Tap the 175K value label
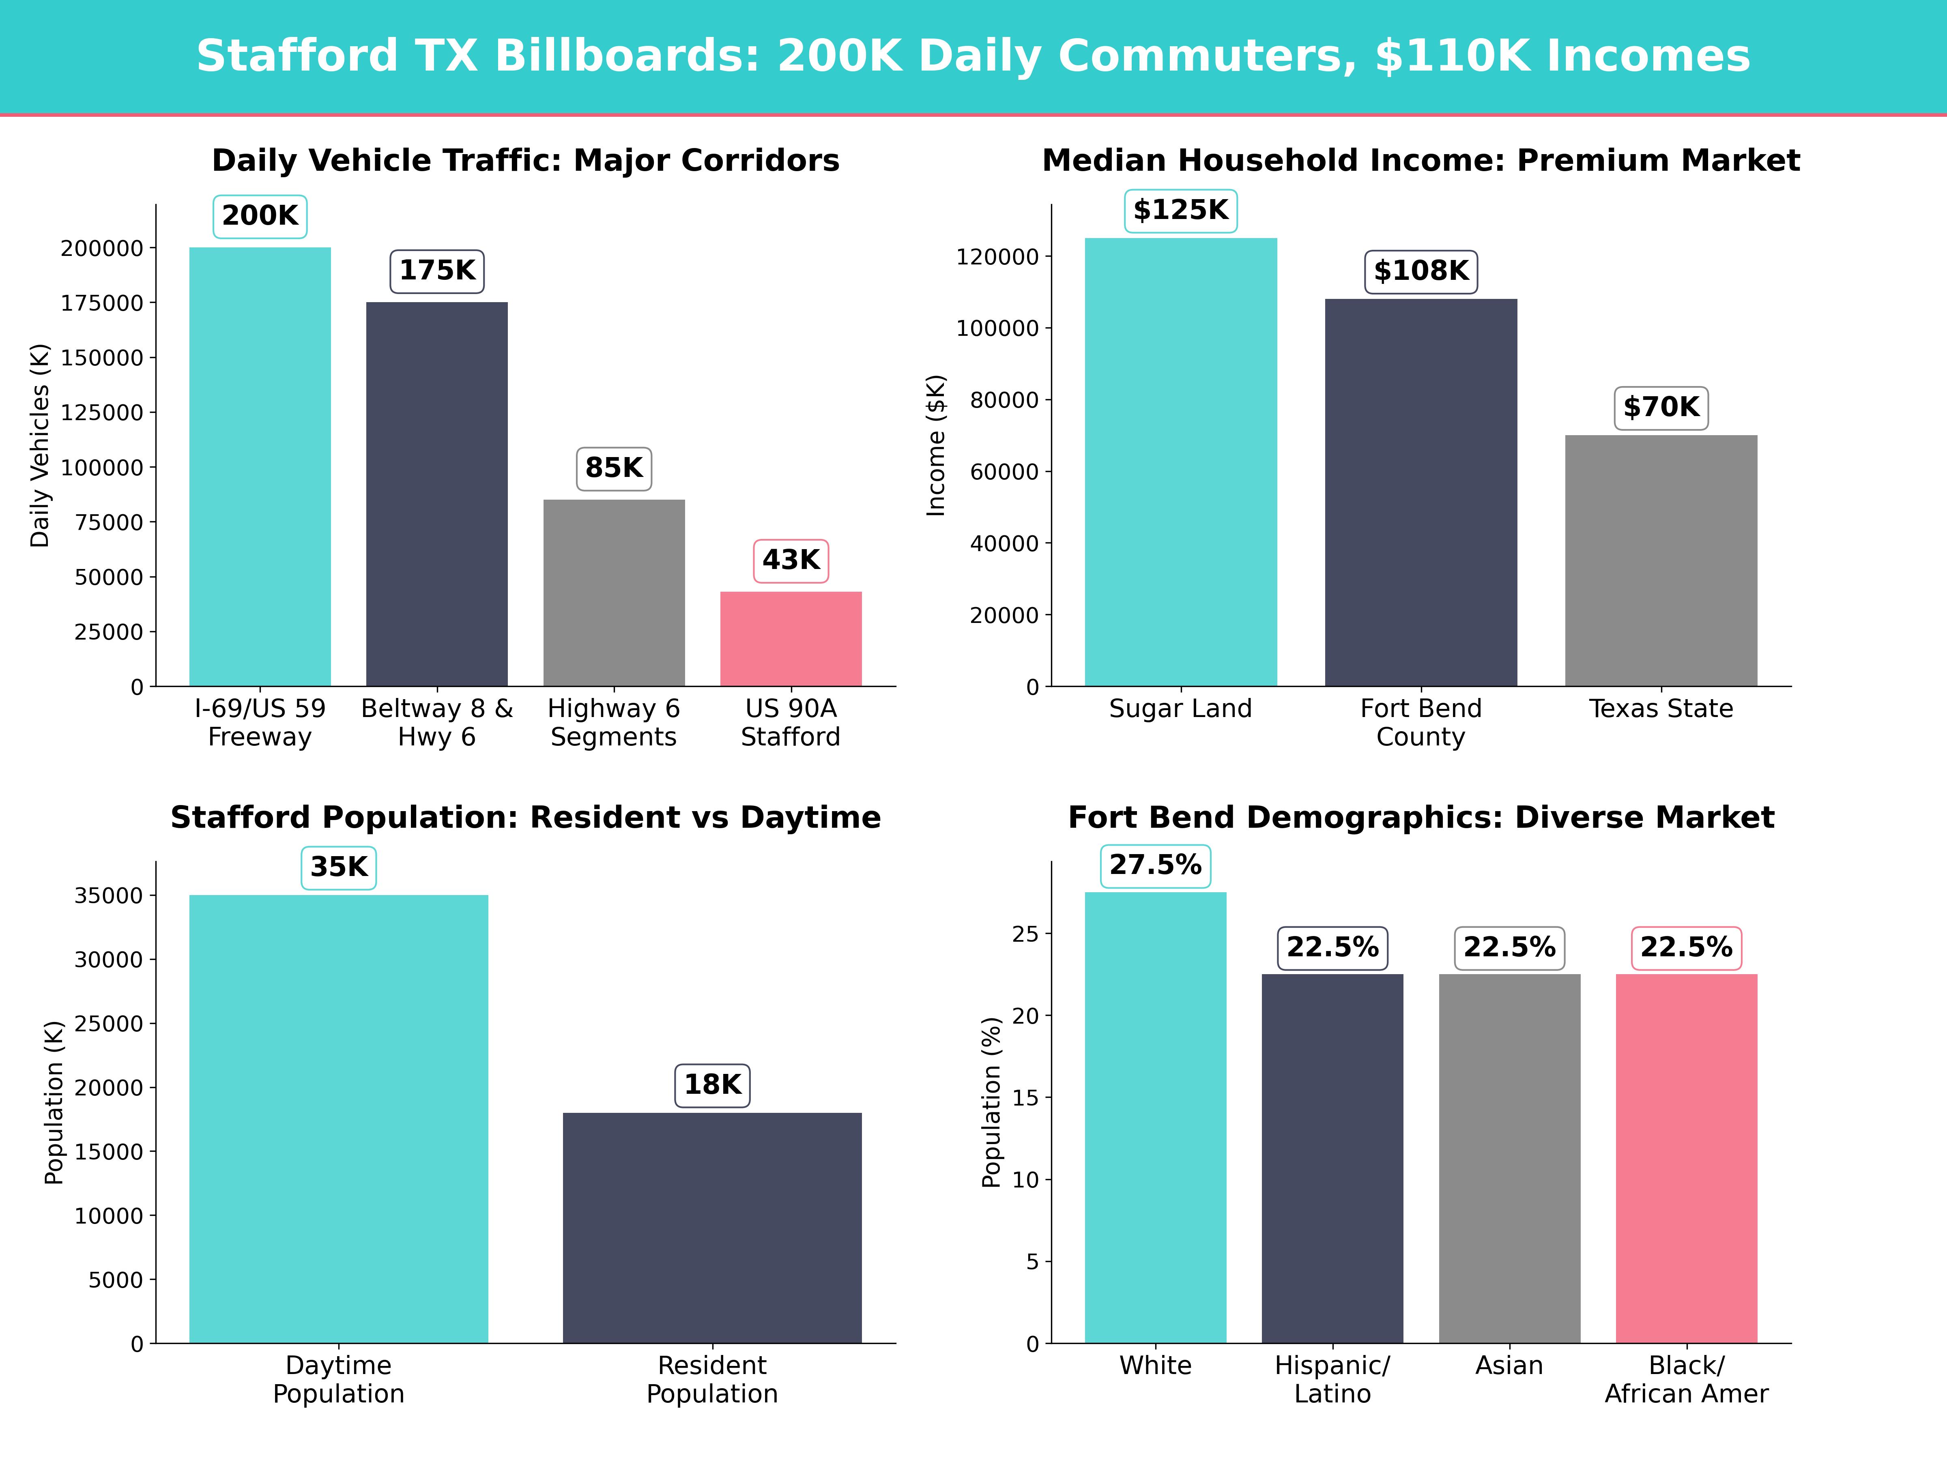click(x=436, y=270)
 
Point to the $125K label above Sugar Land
click(x=1180, y=210)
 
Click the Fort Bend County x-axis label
click(x=1420, y=723)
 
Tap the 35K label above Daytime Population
click(x=339, y=867)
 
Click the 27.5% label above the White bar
click(x=1155, y=865)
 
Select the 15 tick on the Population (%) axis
click(x=1025, y=1097)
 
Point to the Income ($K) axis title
click(x=936, y=445)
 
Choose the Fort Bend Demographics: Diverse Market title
click(x=1420, y=818)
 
